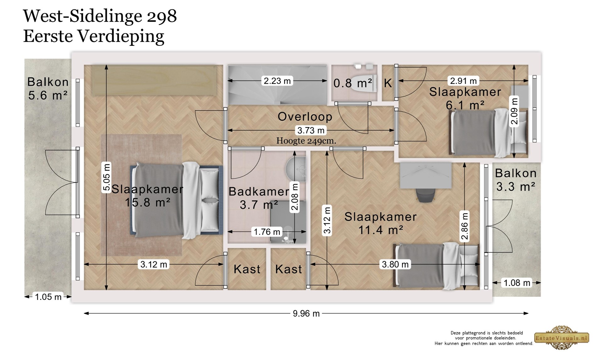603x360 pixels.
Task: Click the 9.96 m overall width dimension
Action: pos(306,314)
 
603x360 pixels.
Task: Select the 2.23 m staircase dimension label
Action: pos(277,81)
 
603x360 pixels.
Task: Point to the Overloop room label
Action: pos(305,117)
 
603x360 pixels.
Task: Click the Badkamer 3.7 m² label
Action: pos(259,198)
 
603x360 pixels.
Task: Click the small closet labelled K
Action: pos(388,83)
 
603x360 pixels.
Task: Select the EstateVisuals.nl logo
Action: pos(562,338)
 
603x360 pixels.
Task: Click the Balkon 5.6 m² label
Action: pos(48,88)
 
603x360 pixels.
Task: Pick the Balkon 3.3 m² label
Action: pos(515,180)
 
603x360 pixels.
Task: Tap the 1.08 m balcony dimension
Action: pos(517,283)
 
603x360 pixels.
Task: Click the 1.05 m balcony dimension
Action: pos(48,297)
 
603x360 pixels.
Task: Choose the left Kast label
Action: pos(247,269)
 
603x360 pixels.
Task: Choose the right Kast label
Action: pos(288,269)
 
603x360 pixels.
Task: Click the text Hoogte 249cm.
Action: pos(306,141)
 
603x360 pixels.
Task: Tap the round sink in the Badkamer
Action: pos(296,169)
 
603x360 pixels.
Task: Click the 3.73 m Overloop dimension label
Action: pos(311,130)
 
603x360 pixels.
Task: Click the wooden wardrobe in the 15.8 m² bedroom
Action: pos(154,80)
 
